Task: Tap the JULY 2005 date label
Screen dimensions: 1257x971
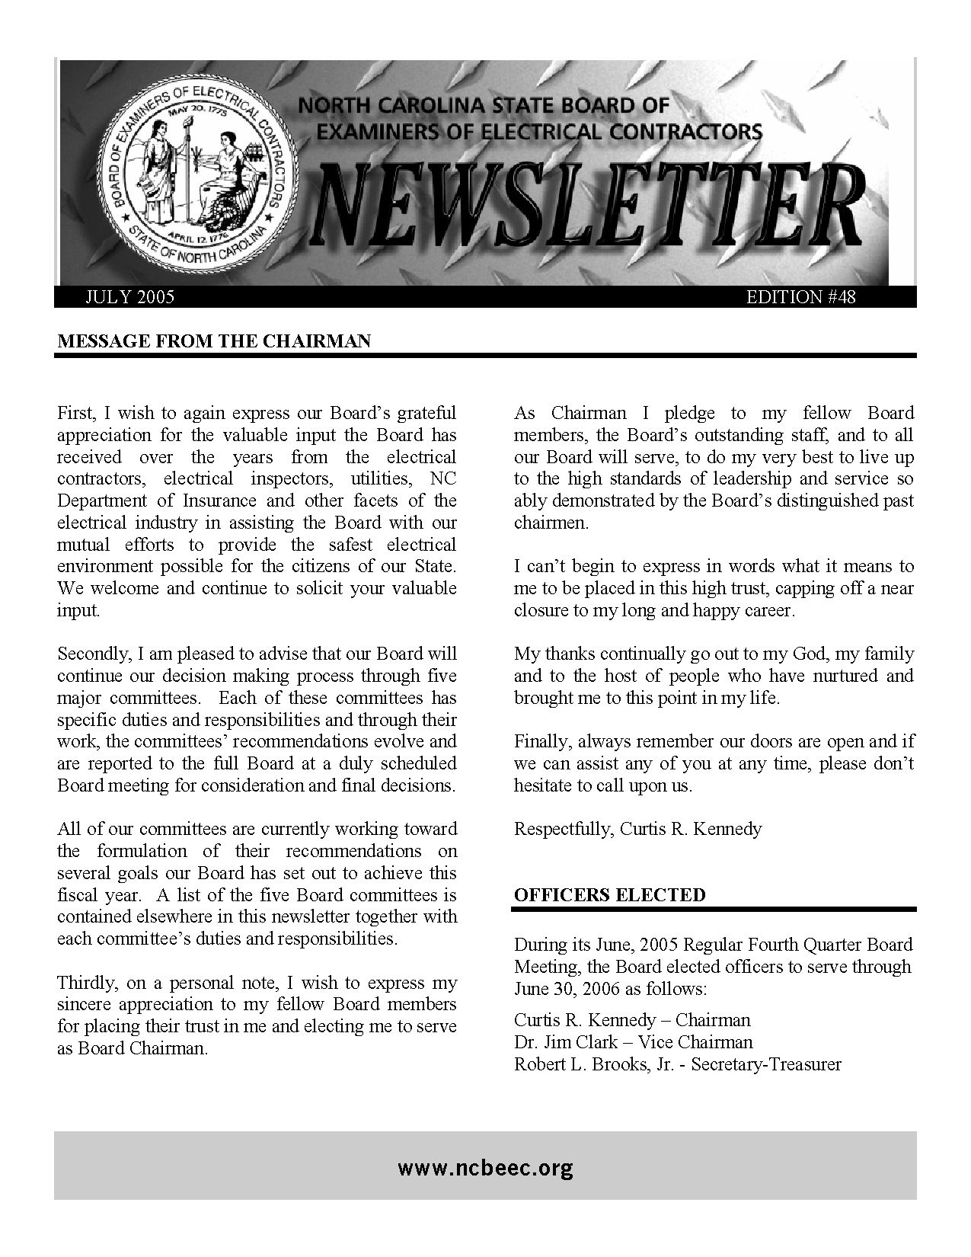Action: (129, 297)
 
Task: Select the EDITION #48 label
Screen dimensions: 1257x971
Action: (801, 297)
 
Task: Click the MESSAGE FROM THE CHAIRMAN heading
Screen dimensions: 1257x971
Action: (214, 341)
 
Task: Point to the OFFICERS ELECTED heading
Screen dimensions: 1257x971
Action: (609, 895)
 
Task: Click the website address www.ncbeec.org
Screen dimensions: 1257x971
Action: (485, 1167)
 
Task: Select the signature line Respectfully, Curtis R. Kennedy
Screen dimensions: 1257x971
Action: (637, 829)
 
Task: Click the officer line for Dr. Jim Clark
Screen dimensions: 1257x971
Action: (633, 1042)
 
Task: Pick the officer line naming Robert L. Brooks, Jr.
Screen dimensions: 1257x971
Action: (677, 1064)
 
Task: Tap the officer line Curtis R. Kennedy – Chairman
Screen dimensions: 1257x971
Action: (631, 1020)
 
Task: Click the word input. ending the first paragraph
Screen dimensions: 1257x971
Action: (78, 611)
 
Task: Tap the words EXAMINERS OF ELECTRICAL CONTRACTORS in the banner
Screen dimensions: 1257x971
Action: (538, 132)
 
